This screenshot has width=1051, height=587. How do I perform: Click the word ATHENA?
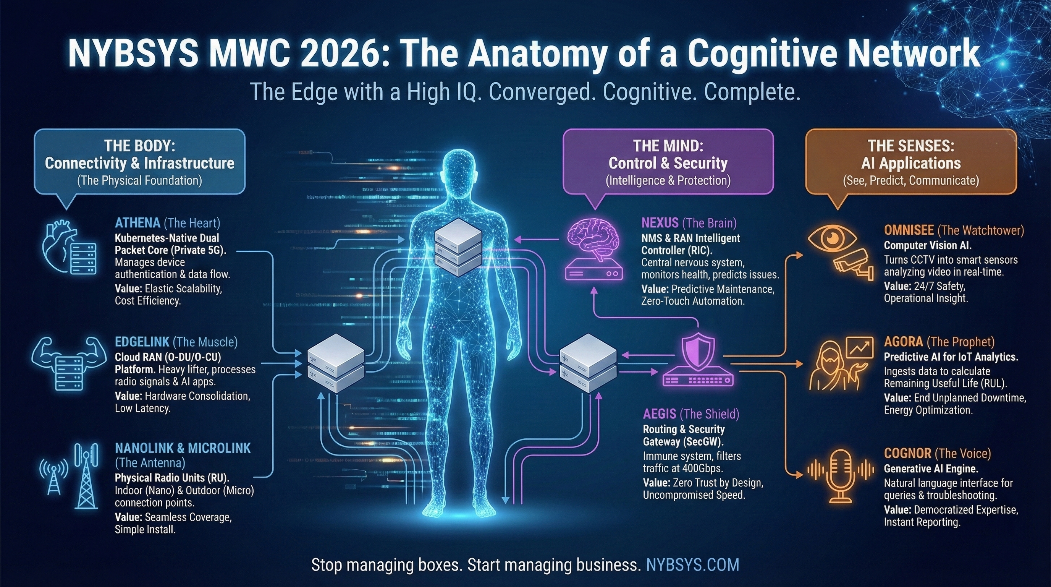(137, 223)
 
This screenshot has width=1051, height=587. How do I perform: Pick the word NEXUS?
(660, 223)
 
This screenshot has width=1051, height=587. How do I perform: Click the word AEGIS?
(659, 414)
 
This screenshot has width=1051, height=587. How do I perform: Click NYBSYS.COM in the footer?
(692, 565)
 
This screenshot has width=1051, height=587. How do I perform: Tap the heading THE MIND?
(668, 146)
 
